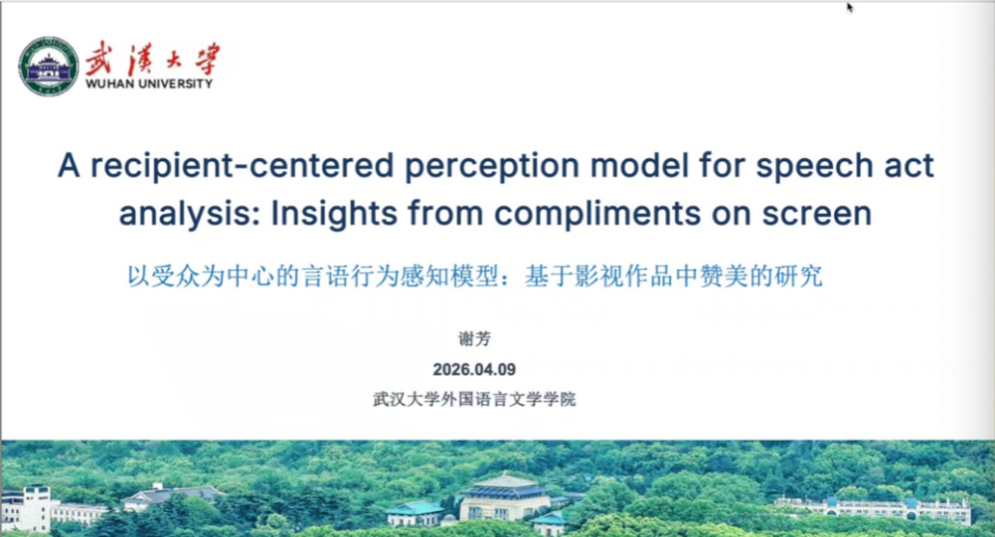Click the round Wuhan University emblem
tap(49, 67)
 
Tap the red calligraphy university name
tap(152, 59)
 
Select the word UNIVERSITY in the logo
tap(173, 84)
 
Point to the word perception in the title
tap(493, 167)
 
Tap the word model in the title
tap(639, 166)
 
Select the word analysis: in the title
tap(190, 214)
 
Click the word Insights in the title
tap(335, 213)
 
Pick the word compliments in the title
tap(598, 214)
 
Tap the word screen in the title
tap(817, 214)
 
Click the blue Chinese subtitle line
tap(474, 276)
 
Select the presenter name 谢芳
tap(474, 339)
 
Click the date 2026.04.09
tap(474, 369)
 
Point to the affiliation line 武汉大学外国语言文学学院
tap(474, 399)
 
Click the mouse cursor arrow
tap(850, 7)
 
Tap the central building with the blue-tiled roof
tap(504, 497)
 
